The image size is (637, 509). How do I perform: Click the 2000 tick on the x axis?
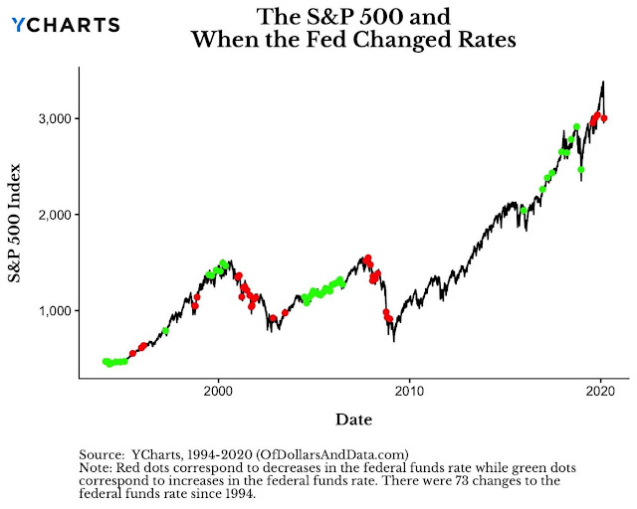tap(219, 391)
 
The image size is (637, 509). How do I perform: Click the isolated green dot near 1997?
tap(165, 331)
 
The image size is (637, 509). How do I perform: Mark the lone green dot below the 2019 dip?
tap(581, 170)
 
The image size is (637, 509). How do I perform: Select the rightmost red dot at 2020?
tap(604, 119)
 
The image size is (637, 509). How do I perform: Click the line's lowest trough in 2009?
tap(393, 341)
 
